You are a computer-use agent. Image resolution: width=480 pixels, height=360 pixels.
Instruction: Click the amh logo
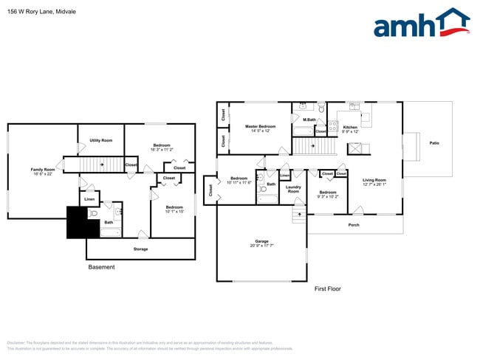coord(422,24)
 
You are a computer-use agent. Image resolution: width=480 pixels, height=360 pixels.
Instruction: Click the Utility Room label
coord(100,140)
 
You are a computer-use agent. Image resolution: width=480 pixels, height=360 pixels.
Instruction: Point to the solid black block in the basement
coord(77,223)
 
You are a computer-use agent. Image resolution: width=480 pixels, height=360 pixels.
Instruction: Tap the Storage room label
coord(140,249)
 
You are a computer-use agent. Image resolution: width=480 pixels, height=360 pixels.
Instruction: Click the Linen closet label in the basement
coord(89,199)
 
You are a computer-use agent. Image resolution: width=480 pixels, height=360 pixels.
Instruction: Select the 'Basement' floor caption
coord(101,267)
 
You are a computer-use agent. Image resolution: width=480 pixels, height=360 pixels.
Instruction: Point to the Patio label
coord(433,143)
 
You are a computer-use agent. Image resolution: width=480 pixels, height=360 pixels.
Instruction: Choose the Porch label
coord(354,224)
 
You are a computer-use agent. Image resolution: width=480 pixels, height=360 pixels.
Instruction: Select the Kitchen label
coord(350,128)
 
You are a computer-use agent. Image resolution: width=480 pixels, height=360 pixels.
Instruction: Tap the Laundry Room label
coord(293,190)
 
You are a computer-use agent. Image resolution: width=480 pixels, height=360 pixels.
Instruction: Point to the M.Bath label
coord(309,120)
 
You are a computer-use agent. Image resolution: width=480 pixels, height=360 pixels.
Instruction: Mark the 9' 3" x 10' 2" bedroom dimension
coord(328,197)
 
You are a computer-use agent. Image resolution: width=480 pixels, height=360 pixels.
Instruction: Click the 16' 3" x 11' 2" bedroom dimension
coord(162,149)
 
